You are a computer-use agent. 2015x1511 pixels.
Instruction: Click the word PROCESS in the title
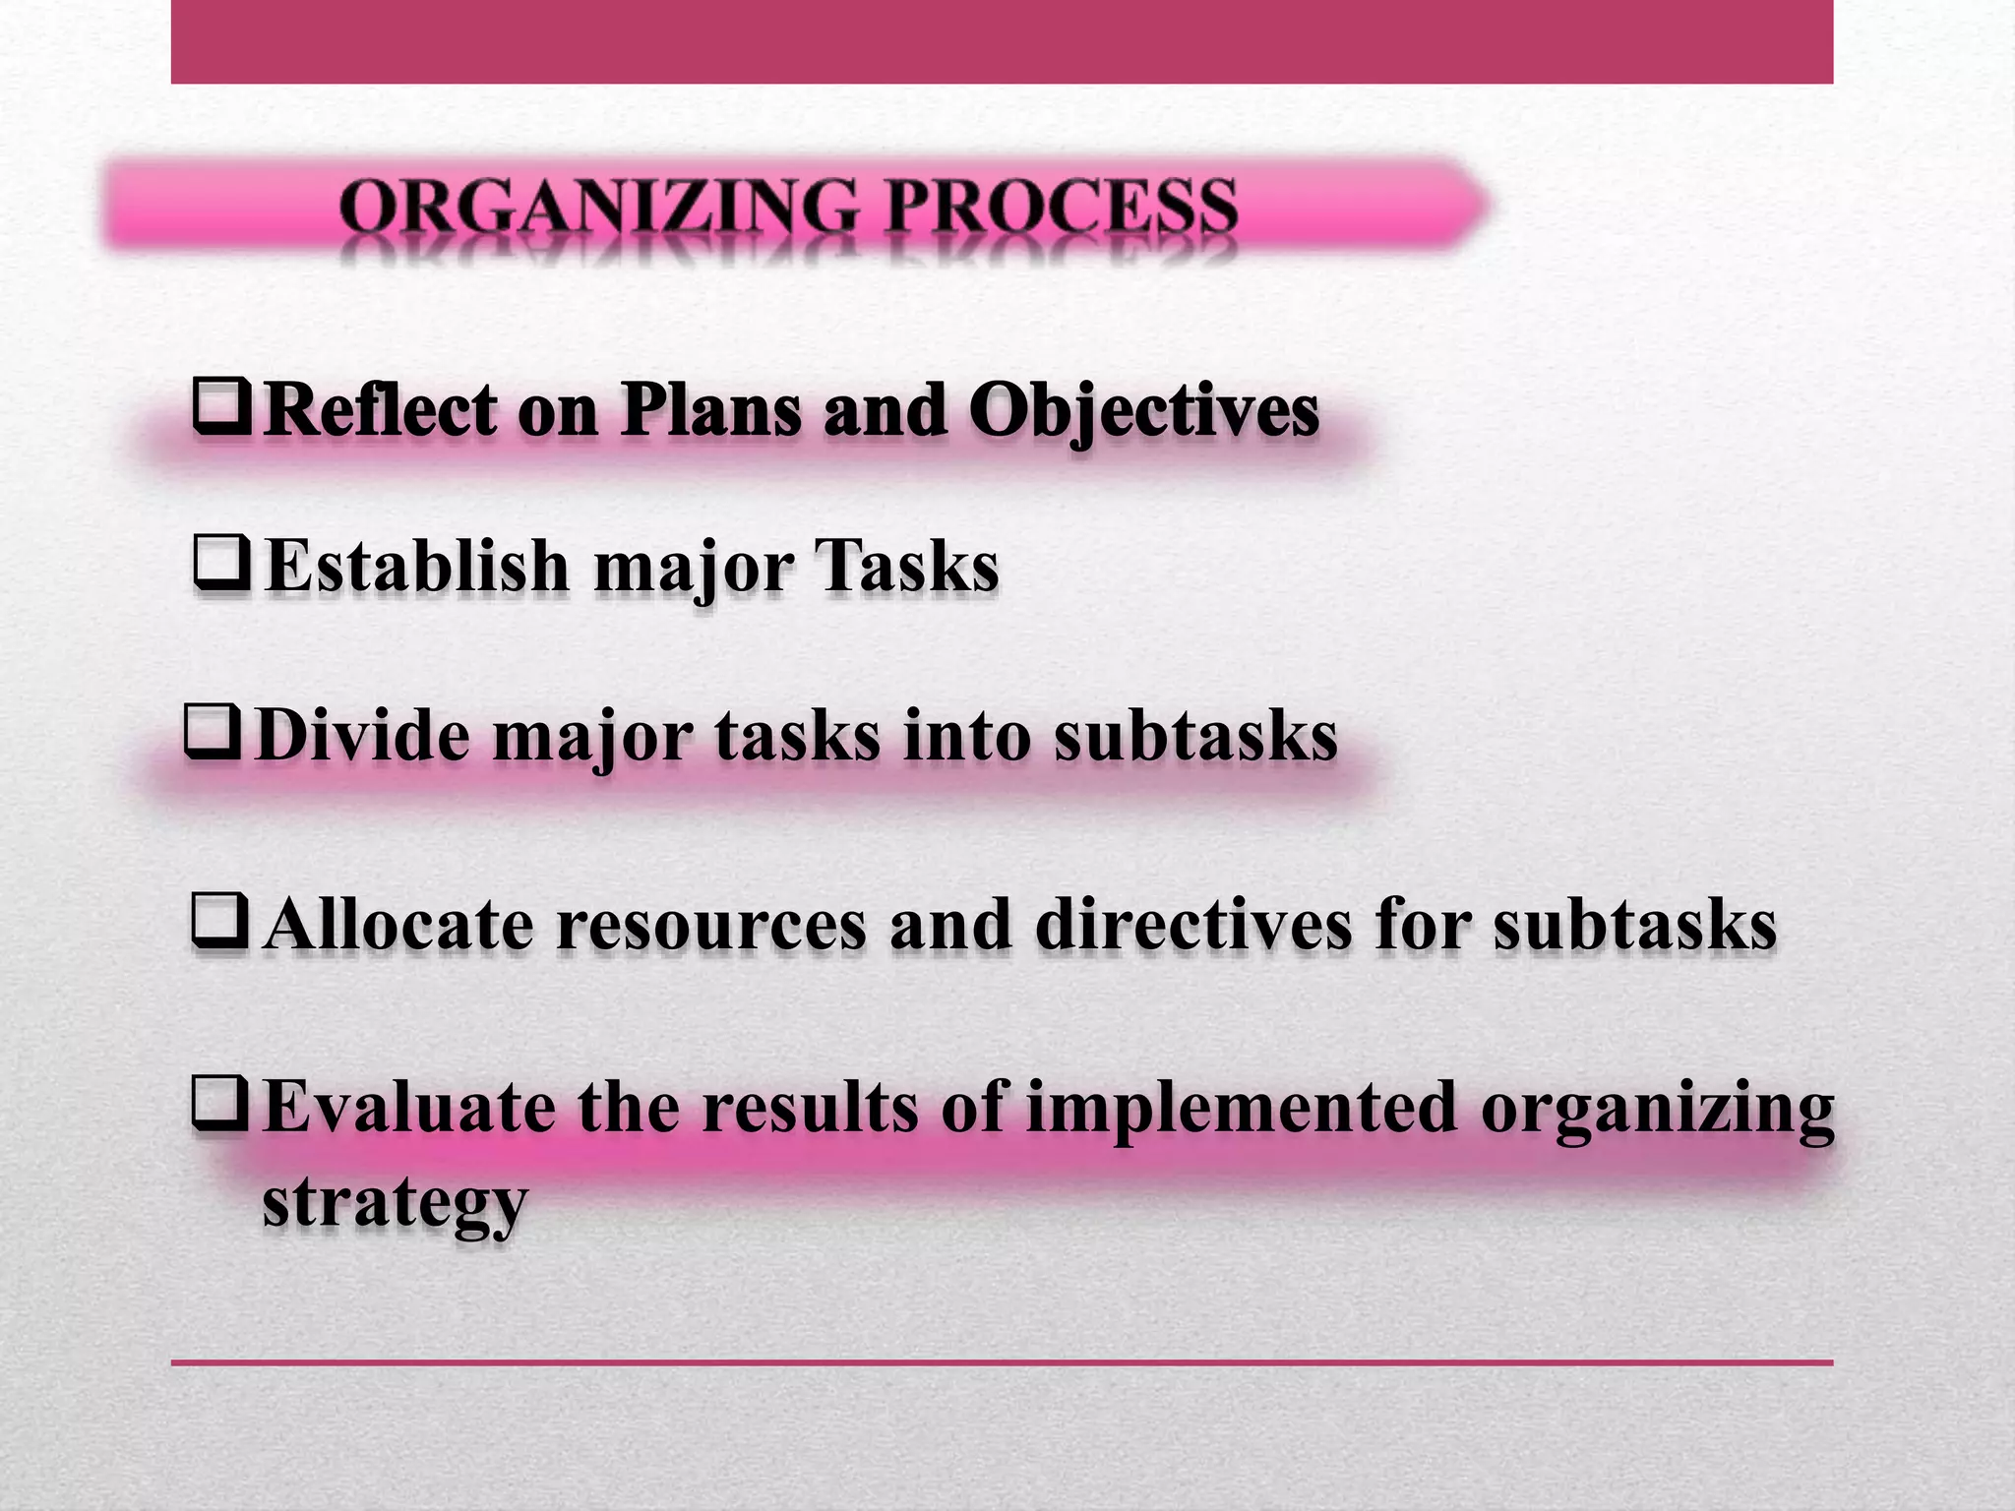coord(1060,208)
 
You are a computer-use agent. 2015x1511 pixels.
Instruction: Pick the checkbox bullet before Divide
coord(212,733)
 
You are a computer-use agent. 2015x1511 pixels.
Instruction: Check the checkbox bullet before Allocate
coord(219,922)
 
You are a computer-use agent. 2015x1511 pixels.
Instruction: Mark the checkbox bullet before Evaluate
coord(219,1104)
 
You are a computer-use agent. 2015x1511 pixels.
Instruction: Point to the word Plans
coord(710,409)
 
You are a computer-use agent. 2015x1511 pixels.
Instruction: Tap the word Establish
coord(417,567)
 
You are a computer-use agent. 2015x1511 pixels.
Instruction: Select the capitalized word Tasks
coord(906,567)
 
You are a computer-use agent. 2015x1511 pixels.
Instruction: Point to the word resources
coord(710,925)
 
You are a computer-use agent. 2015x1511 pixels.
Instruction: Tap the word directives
coord(1193,925)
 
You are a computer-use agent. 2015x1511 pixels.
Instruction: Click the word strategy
coord(395,1201)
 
